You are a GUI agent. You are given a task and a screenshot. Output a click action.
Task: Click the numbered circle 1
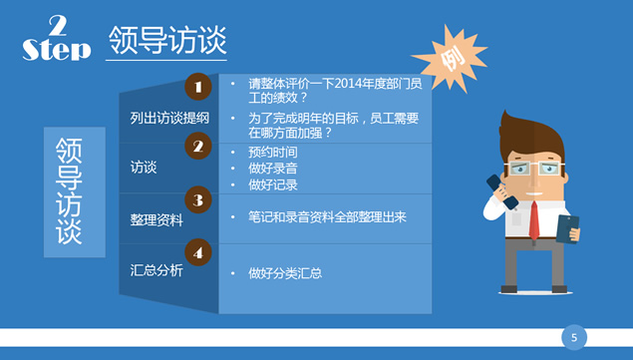click(x=198, y=88)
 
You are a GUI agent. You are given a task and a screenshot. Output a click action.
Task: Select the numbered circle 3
click(x=198, y=201)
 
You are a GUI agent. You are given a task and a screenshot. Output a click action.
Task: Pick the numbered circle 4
click(x=198, y=252)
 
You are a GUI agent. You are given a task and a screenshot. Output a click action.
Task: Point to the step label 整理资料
click(x=157, y=219)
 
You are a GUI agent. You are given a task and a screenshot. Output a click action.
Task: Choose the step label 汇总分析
click(x=157, y=270)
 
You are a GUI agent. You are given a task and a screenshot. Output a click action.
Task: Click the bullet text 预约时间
click(x=272, y=152)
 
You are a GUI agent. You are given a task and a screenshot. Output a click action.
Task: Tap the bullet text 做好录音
click(x=272, y=169)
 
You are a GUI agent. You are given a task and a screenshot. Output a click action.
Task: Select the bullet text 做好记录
click(x=272, y=184)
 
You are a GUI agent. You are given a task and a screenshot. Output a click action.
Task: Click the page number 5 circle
click(x=573, y=337)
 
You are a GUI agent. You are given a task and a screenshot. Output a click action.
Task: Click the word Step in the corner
click(x=55, y=50)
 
